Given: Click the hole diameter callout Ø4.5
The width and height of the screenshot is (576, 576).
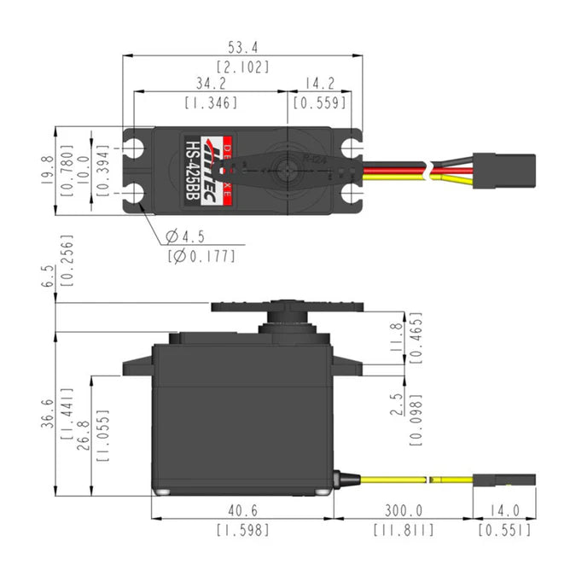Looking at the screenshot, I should point(185,236).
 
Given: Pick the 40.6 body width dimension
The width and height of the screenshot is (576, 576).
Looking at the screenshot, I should point(242,511).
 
